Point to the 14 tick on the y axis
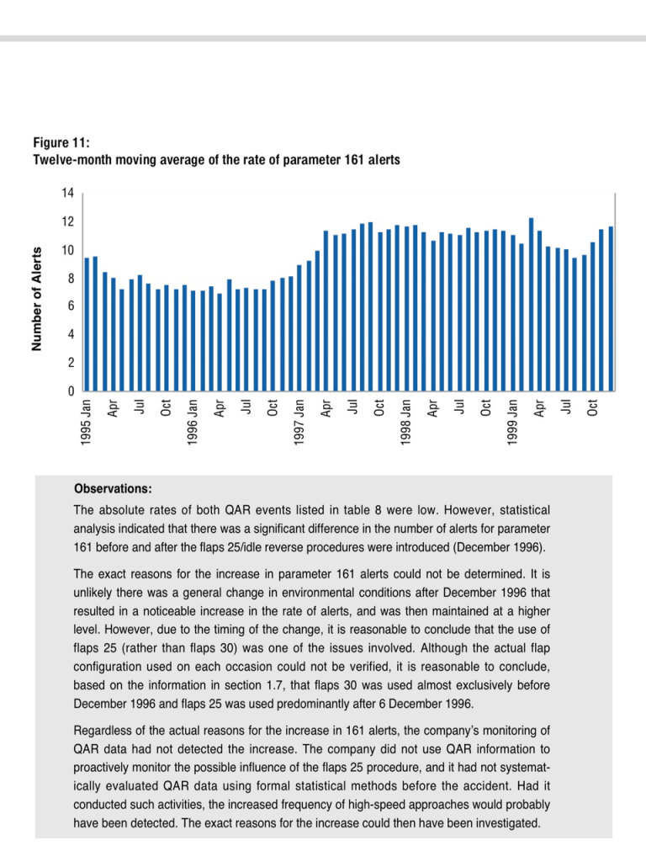coord(67,194)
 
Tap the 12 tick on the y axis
coord(67,222)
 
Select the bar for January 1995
coord(87,324)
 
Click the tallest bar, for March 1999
coord(531,305)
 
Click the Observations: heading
coord(113,489)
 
